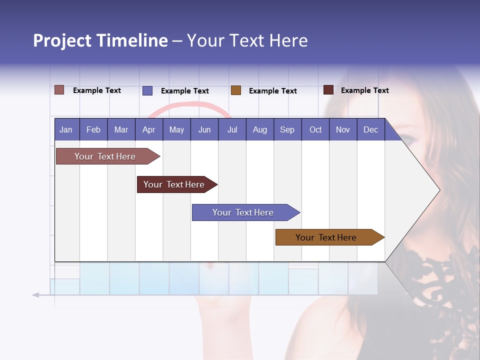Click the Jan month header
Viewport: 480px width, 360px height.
point(66,130)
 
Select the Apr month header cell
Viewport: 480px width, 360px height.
point(149,130)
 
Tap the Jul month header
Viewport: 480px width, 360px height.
point(232,130)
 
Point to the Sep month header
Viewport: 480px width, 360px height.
point(287,130)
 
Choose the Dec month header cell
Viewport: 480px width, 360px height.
point(370,130)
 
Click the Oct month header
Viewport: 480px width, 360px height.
point(315,130)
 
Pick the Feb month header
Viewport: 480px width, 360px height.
point(93,130)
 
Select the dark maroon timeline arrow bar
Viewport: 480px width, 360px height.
point(175,184)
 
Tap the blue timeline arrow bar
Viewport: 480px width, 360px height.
point(244,212)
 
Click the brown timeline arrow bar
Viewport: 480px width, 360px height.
point(327,237)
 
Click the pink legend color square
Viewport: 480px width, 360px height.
point(59,90)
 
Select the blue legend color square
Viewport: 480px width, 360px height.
point(147,90)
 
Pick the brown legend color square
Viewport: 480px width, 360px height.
point(236,90)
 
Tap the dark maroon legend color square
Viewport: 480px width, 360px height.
point(328,90)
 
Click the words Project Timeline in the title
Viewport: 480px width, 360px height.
point(100,40)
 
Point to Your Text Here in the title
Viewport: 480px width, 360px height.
point(247,40)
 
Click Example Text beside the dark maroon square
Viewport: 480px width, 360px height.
point(364,90)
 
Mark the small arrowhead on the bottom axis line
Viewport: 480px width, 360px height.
point(35,295)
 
